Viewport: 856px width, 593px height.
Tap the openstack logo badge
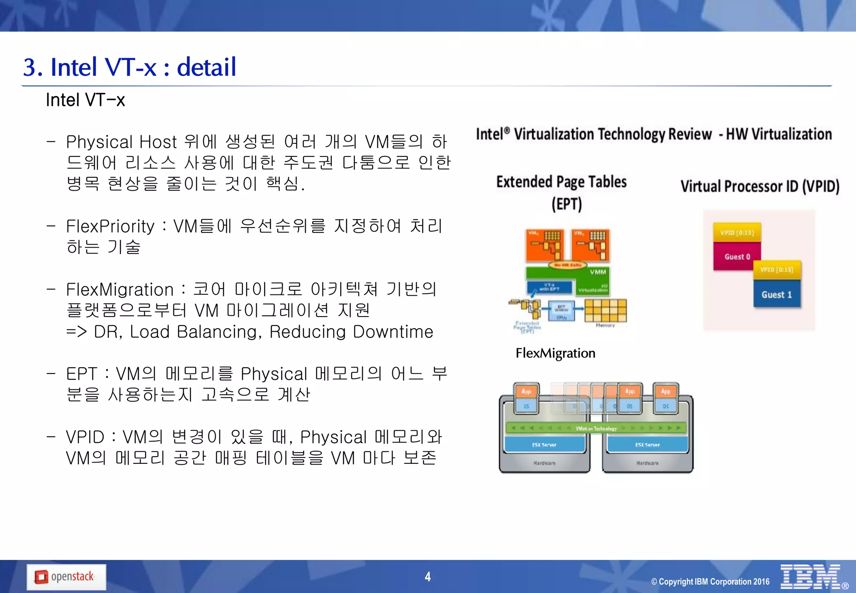pyautogui.click(x=66, y=577)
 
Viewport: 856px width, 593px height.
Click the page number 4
pyautogui.click(x=428, y=577)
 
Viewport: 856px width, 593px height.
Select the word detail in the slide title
pyautogui.click(x=206, y=67)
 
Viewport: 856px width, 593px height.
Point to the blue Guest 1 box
pyautogui.click(x=777, y=294)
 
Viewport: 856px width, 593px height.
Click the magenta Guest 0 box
pyautogui.click(x=737, y=256)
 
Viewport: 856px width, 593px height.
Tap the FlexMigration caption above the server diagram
pyautogui.click(x=555, y=353)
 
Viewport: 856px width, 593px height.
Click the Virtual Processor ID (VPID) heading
pyautogui.click(x=759, y=186)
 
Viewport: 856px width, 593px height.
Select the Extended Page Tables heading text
pyautogui.click(x=561, y=182)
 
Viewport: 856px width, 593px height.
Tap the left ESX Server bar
pyautogui.click(x=544, y=444)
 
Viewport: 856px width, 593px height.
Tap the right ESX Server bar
pyautogui.click(x=647, y=444)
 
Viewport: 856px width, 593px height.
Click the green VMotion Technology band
pyautogui.click(x=596, y=428)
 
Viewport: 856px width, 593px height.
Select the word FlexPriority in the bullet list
pyautogui.click(x=110, y=226)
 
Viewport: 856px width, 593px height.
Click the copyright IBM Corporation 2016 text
pyautogui.click(x=710, y=581)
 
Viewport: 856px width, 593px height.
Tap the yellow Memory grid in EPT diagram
pyautogui.click(x=605, y=310)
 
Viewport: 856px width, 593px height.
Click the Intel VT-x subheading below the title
pyautogui.click(x=85, y=100)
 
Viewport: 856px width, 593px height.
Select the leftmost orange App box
pyautogui.click(x=526, y=391)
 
